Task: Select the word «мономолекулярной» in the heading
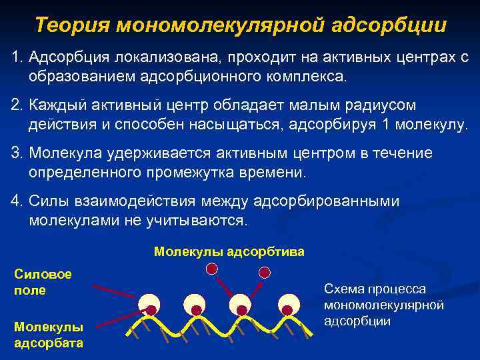click(x=220, y=26)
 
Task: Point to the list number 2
click(x=15, y=106)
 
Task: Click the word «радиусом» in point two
click(x=383, y=106)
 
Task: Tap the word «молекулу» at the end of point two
click(x=432, y=125)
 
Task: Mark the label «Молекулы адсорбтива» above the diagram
click(x=229, y=251)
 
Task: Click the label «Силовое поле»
click(x=39, y=282)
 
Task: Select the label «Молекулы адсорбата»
click(x=48, y=335)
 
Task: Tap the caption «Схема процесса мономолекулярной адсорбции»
click(x=383, y=305)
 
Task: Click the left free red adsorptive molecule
click(x=211, y=269)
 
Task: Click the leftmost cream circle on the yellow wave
click(x=151, y=305)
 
